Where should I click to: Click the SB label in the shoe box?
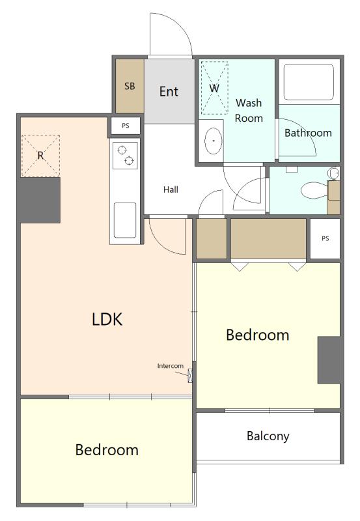(x=130, y=86)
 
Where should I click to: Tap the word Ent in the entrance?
(x=169, y=91)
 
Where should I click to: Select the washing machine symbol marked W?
(x=215, y=88)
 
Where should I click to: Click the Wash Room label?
(x=249, y=110)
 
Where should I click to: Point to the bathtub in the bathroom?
(x=309, y=82)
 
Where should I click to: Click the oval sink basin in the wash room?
(x=214, y=141)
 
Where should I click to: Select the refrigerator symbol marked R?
(x=40, y=156)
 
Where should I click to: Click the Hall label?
(x=171, y=190)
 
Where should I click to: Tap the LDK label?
(x=107, y=319)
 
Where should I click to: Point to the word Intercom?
(x=171, y=366)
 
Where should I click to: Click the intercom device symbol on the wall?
(x=190, y=376)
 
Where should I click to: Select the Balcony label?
(x=268, y=436)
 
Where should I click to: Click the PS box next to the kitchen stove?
(x=126, y=126)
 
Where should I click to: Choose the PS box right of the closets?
(x=325, y=238)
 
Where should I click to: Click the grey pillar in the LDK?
(x=40, y=201)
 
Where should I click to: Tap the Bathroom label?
(x=308, y=133)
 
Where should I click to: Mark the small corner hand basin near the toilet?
(x=333, y=173)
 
